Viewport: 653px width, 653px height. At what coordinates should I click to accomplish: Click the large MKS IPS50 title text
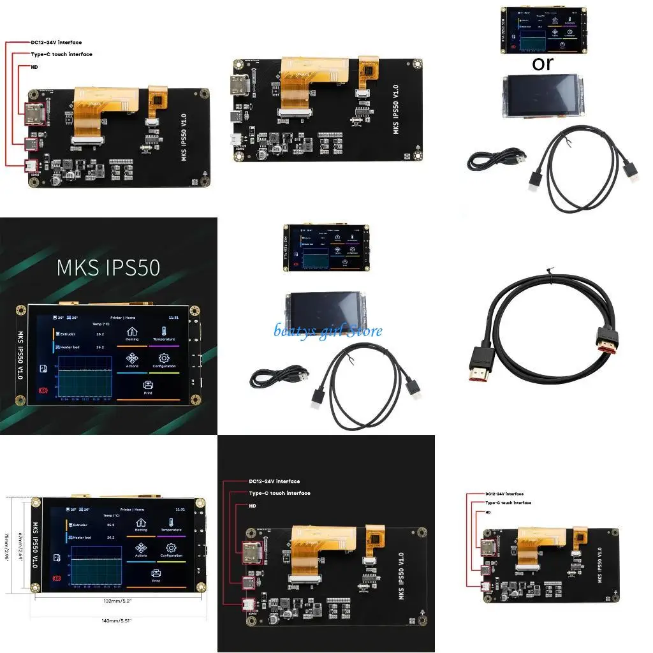108,267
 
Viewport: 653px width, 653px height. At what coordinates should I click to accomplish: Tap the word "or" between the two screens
543,63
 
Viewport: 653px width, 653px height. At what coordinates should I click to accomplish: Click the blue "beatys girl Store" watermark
328,330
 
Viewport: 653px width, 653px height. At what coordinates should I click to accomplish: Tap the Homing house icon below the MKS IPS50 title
132,331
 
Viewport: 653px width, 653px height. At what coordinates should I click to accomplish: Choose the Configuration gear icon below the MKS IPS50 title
164,358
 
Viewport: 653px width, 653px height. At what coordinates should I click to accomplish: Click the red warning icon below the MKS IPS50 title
43,390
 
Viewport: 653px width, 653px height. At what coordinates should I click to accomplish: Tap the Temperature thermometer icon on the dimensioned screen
171,522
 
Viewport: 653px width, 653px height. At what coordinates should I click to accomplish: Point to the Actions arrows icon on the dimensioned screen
141,548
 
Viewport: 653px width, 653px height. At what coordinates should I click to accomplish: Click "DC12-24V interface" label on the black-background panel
274,481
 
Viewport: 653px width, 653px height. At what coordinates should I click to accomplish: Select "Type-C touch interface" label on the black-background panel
279,493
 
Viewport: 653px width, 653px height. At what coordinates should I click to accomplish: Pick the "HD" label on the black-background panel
253,506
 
